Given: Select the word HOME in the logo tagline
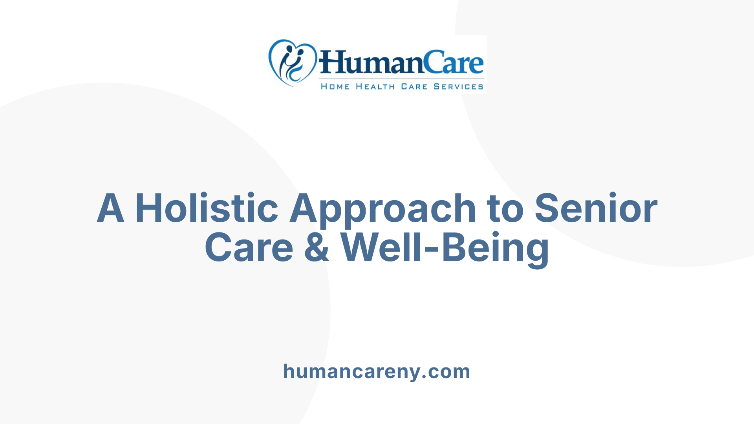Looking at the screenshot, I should (x=335, y=86).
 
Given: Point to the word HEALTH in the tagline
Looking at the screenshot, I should (x=375, y=86).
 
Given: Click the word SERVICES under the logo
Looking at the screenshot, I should (x=458, y=86).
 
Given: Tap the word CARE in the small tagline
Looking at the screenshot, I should (x=414, y=86).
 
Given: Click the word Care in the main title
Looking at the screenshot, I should (x=249, y=247).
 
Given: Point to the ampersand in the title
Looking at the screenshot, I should (x=317, y=247).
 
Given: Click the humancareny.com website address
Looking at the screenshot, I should (x=377, y=371).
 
